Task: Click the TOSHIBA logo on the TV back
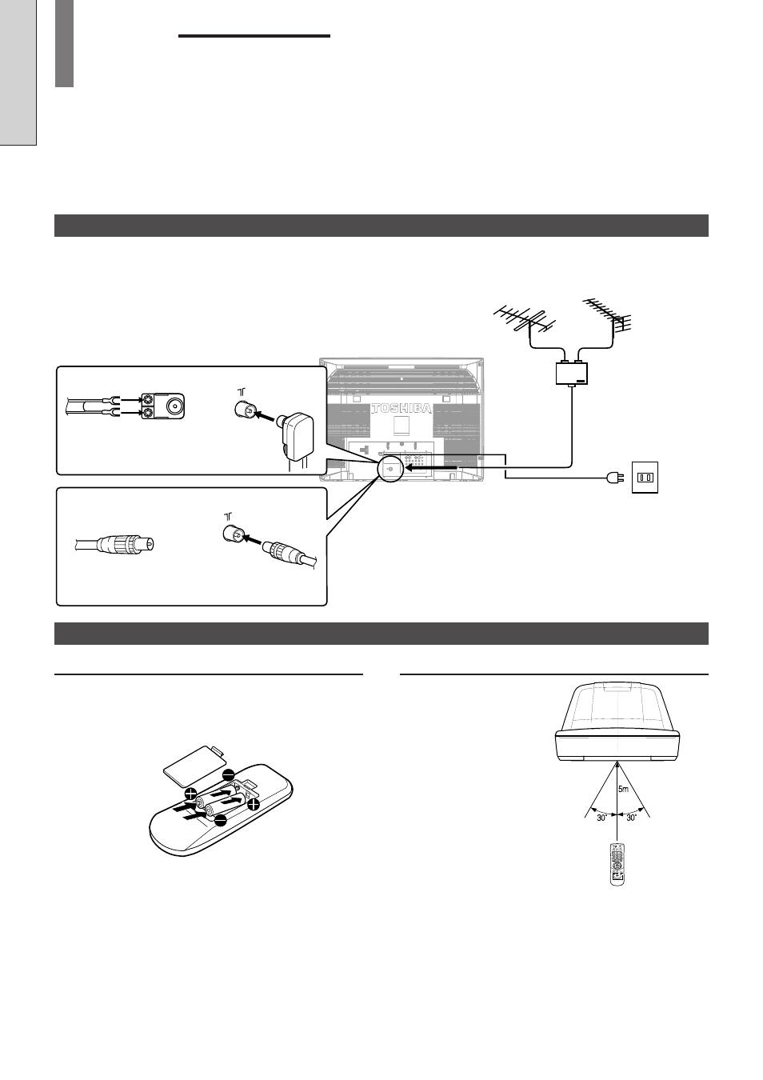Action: [x=401, y=409]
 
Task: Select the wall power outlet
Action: [x=645, y=478]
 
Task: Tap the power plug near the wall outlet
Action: [x=616, y=478]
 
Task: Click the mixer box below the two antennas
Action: [x=572, y=374]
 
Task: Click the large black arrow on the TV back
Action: [x=431, y=467]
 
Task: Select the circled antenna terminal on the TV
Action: [x=389, y=468]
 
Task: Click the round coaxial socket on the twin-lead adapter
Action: [x=174, y=406]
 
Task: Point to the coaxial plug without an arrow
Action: [x=115, y=546]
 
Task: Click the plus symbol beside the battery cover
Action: [x=190, y=794]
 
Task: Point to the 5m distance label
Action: [x=623, y=790]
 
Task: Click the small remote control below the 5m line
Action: [x=617, y=864]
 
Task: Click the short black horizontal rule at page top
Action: [x=254, y=36]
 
